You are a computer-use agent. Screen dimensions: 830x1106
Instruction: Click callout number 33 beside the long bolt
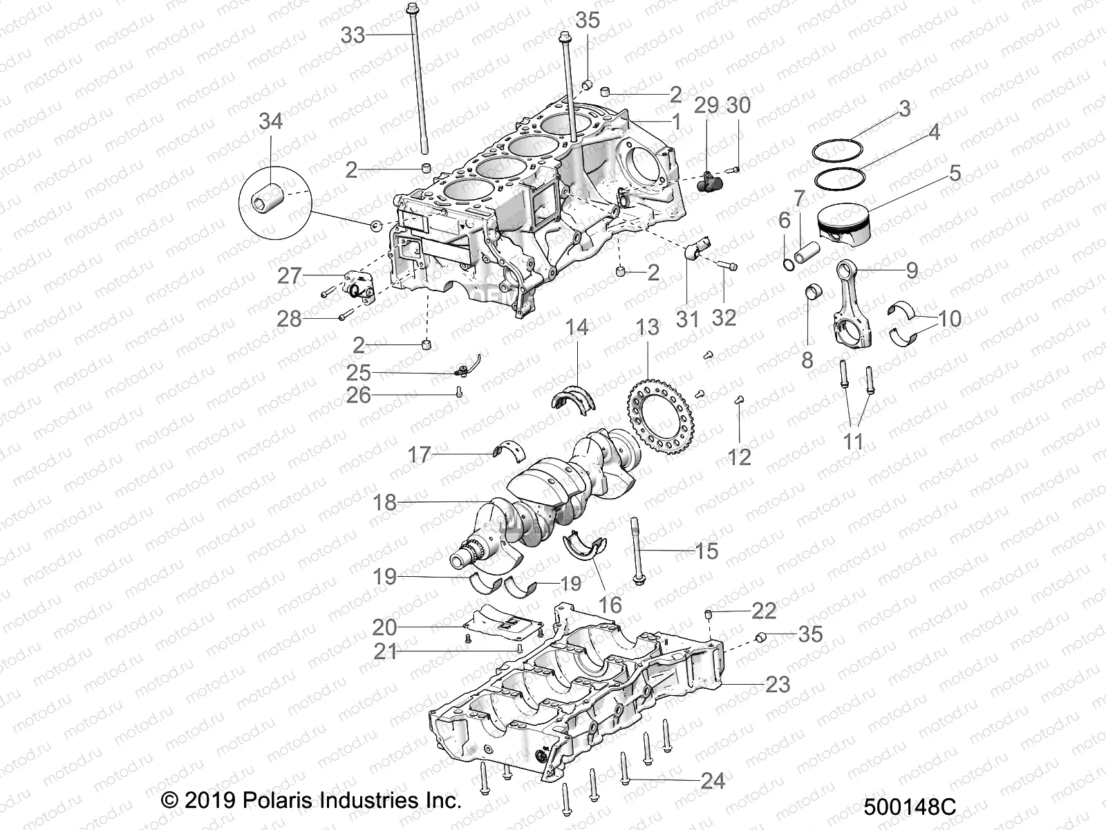click(x=353, y=34)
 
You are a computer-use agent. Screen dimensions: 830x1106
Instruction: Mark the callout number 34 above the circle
click(x=270, y=121)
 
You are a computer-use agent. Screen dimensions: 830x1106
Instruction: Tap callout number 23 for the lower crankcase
click(x=778, y=684)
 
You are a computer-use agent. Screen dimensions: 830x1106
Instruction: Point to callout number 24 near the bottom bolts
click(x=713, y=781)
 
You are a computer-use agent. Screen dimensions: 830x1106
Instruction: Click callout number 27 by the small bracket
click(x=289, y=276)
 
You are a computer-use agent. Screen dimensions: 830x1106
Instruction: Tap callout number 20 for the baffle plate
click(x=385, y=627)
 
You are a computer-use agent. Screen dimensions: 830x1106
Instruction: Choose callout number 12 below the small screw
click(x=739, y=456)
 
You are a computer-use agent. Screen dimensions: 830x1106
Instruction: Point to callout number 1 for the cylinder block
click(x=677, y=122)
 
